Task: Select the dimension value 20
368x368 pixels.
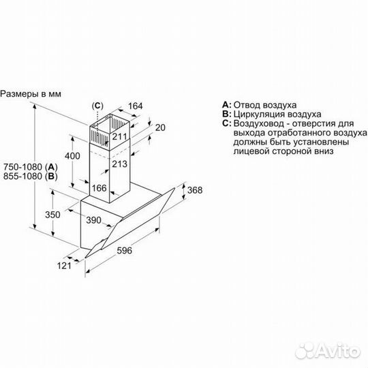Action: tap(159, 128)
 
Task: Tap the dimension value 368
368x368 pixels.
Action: tap(196, 190)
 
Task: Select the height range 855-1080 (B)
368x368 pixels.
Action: tap(31, 177)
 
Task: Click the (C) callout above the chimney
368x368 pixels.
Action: tap(98, 106)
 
